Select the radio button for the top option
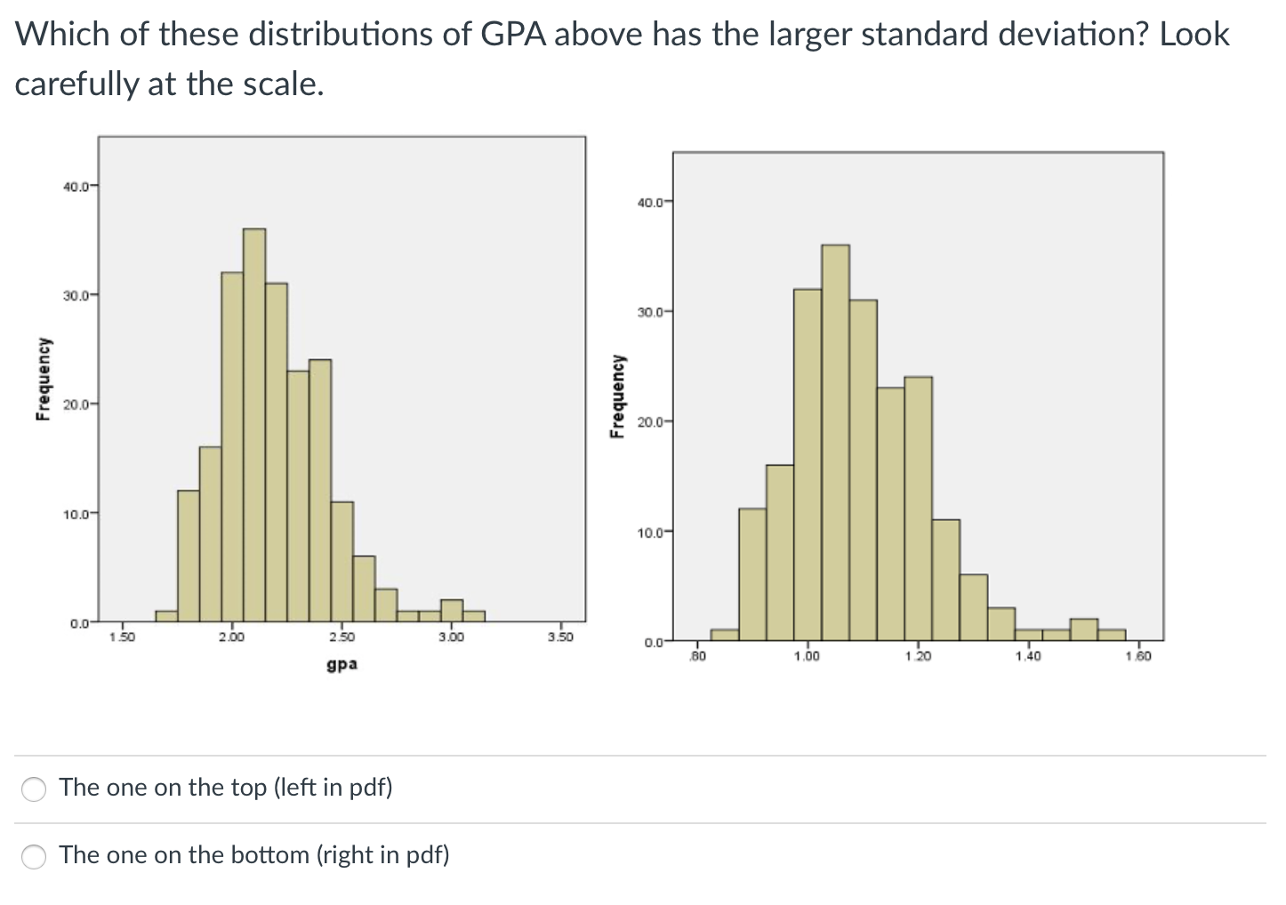click(35, 789)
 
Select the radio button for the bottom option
click(35, 856)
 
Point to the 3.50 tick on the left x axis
click(560, 637)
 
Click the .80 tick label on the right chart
click(699, 656)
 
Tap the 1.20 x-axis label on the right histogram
click(917, 656)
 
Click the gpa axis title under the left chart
click(342, 664)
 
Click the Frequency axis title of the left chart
click(41, 379)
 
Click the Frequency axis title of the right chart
click(615, 396)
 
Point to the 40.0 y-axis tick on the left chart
click(76, 187)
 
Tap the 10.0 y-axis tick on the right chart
click(650, 533)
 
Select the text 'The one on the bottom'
click(184, 855)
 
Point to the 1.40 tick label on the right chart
click(1028, 656)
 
